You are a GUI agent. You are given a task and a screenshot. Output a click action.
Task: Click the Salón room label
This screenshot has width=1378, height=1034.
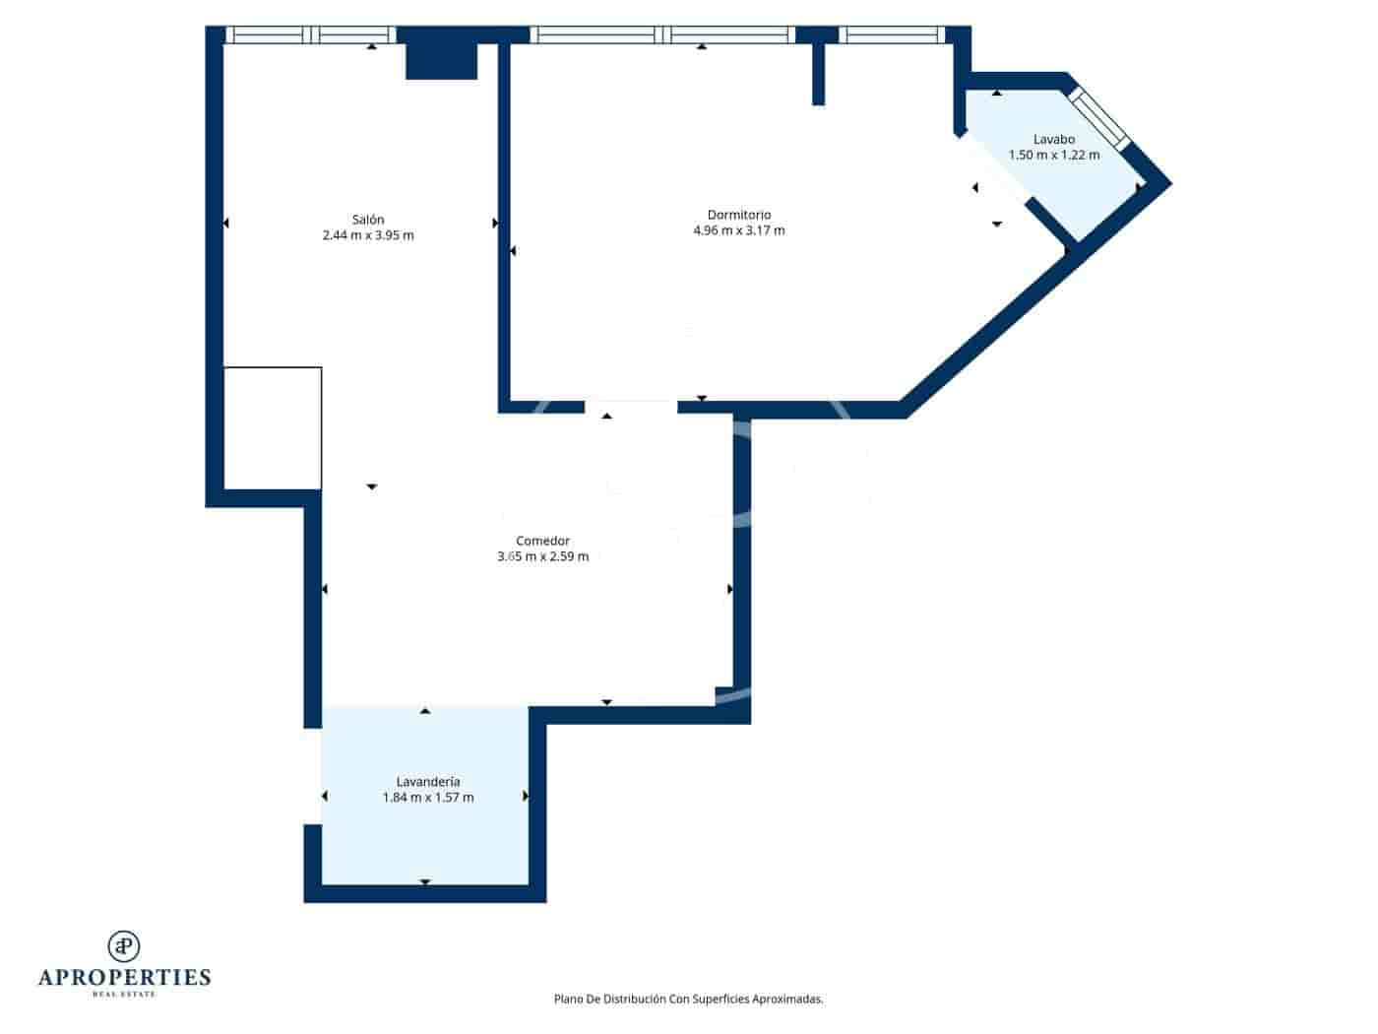tap(368, 220)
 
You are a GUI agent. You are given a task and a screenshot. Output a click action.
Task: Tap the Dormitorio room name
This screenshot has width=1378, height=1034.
tap(739, 215)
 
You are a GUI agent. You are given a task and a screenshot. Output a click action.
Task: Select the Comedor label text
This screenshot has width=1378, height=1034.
tap(542, 541)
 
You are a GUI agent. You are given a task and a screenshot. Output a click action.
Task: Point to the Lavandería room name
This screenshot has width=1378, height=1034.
tap(428, 782)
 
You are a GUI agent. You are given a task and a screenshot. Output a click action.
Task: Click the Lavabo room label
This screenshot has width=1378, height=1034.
tap(1054, 139)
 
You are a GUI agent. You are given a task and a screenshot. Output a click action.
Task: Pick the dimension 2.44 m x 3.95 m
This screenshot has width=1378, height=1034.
tap(368, 235)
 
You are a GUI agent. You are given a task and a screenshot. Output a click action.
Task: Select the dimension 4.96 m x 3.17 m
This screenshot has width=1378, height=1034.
tap(739, 230)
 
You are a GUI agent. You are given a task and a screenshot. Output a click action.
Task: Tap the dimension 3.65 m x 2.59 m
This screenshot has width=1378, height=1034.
tap(542, 556)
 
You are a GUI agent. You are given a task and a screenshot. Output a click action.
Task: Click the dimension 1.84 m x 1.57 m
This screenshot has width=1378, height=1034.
tap(428, 798)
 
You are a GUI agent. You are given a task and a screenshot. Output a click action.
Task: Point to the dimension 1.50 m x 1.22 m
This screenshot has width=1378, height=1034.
tap(1054, 155)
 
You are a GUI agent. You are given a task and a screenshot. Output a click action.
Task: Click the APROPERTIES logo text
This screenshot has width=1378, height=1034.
tap(124, 978)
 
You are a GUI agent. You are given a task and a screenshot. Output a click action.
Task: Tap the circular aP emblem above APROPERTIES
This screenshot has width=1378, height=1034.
tap(124, 945)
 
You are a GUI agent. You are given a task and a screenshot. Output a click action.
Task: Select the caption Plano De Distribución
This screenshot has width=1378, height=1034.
tap(688, 999)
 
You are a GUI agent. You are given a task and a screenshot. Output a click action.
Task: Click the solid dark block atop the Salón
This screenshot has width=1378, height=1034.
tap(441, 60)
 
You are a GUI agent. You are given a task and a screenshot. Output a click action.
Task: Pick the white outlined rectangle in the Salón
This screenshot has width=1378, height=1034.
tap(273, 428)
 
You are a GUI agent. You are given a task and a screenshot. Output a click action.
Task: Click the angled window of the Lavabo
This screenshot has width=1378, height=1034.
tap(1099, 119)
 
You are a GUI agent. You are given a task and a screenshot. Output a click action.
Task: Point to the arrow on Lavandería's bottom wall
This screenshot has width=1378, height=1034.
tap(425, 881)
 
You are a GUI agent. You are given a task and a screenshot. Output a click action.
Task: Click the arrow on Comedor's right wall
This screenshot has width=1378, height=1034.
tap(730, 589)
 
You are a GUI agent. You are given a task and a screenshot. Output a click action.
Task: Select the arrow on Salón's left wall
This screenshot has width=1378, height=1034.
tap(225, 224)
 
